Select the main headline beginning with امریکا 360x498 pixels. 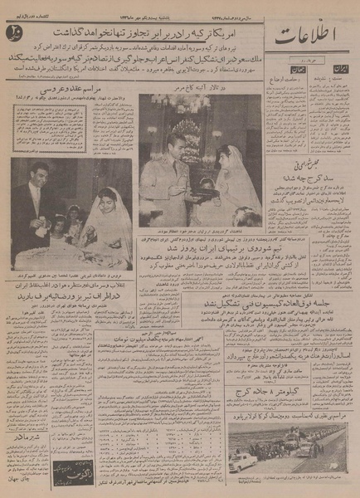click(163, 37)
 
